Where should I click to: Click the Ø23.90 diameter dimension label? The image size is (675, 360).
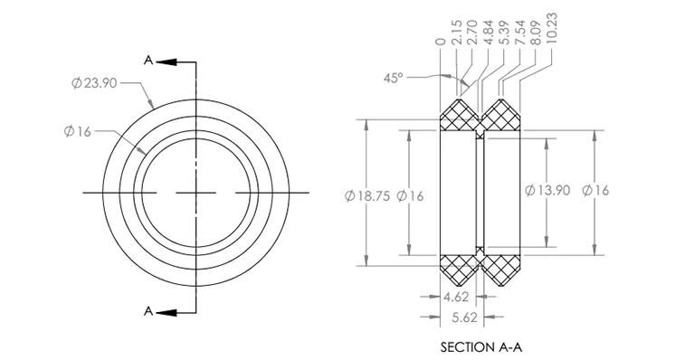[x=94, y=82]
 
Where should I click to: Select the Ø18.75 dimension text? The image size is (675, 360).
[x=366, y=196]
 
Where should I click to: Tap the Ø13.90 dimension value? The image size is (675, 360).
[x=547, y=190]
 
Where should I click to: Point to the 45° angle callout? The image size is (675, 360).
[x=394, y=79]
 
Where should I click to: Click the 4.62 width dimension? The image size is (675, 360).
[x=456, y=297]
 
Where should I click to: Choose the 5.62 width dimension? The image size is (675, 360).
[x=465, y=317]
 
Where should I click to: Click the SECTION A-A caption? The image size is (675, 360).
[x=481, y=347]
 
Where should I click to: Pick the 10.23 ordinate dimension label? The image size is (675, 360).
[x=551, y=28]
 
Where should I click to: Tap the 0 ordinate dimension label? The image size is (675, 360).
[x=440, y=42]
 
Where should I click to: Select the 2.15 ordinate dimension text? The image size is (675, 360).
[x=457, y=33]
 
